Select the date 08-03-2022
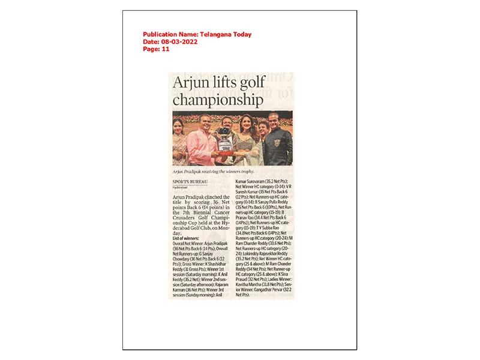[x=178, y=42]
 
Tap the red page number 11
[x=166, y=49]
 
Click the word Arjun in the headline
[x=192, y=83]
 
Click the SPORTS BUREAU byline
[x=187, y=181]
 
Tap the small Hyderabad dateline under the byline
[x=181, y=187]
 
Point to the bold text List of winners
[x=190, y=238]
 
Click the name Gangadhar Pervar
[x=266, y=290]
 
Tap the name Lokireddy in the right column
[x=248, y=254]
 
